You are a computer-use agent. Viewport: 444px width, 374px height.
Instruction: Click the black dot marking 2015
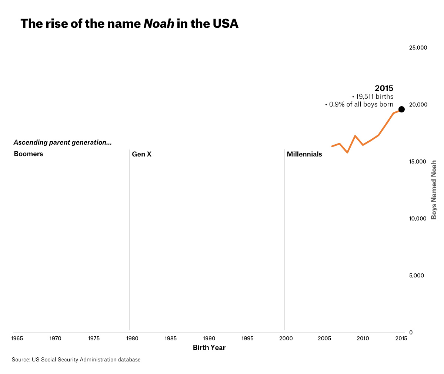pos(401,109)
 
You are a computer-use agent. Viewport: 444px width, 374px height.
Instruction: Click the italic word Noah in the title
pos(158,23)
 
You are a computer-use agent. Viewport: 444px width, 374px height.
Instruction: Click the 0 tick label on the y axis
pos(411,332)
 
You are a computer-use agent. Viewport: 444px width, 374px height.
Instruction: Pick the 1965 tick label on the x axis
pos(17,338)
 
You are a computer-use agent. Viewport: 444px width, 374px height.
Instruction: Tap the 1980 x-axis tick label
pos(132,338)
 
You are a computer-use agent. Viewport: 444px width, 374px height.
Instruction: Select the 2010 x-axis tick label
pos(363,338)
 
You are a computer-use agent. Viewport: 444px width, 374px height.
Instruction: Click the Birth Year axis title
pos(209,348)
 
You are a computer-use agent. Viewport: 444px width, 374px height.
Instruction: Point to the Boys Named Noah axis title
pos(434,190)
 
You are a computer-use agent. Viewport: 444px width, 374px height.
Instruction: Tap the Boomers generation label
pos(29,154)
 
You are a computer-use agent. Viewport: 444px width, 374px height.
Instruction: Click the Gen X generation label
pos(142,154)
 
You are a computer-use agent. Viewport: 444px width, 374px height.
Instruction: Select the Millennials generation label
pos(304,154)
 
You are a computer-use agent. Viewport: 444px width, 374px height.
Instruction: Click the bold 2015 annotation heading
pos(384,88)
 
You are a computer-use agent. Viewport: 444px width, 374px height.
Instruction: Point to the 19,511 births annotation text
pos(374,97)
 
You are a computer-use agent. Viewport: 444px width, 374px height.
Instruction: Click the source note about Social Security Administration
pos(76,360)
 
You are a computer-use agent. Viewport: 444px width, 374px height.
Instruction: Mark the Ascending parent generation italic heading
pos(63,142)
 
